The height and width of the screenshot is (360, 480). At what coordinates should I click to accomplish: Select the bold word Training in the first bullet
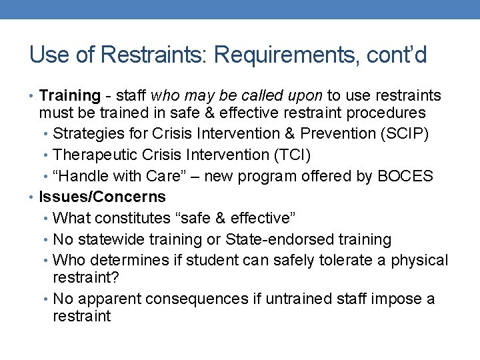point(69,97)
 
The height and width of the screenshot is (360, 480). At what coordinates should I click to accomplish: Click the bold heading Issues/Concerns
point(103,197)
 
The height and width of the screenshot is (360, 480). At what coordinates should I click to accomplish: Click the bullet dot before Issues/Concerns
point(33,197)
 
